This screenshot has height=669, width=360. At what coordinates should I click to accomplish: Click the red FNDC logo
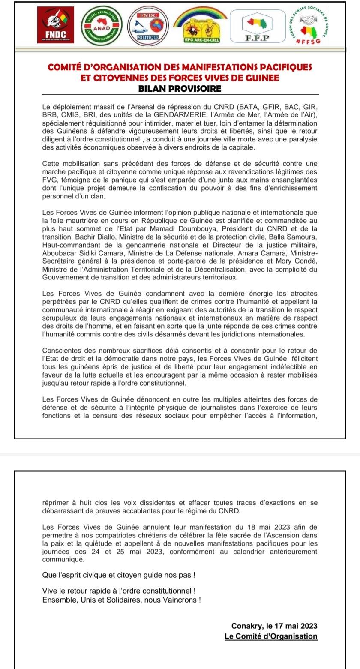[56, 25]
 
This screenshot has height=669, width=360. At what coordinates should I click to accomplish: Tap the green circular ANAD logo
[102, 25]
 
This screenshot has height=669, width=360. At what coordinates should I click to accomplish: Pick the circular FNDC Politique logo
[148, 25]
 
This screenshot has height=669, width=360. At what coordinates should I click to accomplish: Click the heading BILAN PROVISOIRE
[180, 89]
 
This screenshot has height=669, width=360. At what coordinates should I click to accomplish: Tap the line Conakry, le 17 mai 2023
[274, 626]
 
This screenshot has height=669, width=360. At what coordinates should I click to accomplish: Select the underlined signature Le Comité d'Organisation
[271, 636]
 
